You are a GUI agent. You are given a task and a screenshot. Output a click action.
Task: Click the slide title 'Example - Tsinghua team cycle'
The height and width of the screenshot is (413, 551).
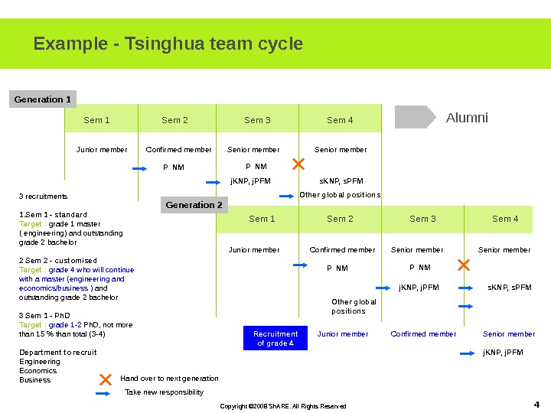[168, 44]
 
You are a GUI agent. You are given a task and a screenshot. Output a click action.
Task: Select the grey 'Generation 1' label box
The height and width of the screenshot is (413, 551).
[43, 99]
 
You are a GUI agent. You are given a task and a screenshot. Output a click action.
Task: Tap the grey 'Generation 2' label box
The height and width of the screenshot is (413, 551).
[194, 205]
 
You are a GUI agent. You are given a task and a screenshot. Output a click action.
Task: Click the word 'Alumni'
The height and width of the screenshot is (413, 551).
[467, 118]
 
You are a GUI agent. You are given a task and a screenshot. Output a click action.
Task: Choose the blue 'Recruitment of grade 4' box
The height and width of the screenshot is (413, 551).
[275, 338]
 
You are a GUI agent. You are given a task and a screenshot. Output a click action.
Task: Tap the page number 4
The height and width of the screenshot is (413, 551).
[536, 404]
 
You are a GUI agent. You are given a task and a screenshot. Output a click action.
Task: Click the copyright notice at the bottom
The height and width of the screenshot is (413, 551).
[283, 406]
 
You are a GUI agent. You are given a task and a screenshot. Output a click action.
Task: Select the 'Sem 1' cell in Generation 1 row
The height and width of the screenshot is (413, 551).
[97, 120]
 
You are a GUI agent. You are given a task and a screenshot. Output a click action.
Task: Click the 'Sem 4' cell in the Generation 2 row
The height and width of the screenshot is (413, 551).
[505, 219]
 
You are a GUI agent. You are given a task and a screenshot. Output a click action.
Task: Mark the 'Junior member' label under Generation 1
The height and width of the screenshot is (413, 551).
[102, 150]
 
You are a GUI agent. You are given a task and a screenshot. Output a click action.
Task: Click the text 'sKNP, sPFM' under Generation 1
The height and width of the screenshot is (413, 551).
[341, 181]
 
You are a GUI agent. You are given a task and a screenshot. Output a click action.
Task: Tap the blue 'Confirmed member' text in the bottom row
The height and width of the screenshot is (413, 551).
[423, 334]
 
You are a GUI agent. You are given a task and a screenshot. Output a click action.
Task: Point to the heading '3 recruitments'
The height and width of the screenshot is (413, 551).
[43, 197]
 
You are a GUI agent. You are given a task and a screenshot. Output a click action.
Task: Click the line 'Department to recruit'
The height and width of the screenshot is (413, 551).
[57, 353]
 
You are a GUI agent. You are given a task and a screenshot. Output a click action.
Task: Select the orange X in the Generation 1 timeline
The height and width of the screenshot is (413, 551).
[298, 164]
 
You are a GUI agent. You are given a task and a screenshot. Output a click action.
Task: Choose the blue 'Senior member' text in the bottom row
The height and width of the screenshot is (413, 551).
[509, 334]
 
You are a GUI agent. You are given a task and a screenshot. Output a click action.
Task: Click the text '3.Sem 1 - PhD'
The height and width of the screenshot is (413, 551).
[44, 316]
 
